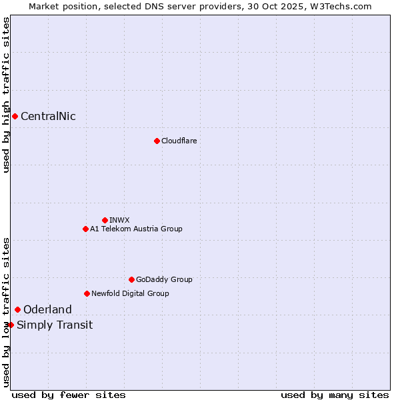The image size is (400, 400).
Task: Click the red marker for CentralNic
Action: coord(15,117)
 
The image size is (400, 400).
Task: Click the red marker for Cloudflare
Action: coord(157,141)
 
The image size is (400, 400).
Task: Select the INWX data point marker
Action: coord(105,220)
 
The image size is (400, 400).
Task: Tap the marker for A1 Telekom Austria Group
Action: coord(85,229)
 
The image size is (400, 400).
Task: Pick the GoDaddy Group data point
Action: coord(131,279)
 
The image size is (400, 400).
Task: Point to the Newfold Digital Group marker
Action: coord(87,293)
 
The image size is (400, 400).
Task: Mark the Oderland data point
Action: coord(17,309)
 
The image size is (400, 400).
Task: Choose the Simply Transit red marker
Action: coord(11,325)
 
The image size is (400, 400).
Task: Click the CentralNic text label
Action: coord(48,117)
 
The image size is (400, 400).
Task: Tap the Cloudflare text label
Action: coord(179,141)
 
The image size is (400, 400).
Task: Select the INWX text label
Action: coord(119,220)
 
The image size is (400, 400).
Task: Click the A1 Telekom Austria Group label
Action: coord(136,229)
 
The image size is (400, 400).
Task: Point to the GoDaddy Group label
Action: coord(164,279)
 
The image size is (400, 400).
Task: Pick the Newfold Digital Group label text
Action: coord(130,293)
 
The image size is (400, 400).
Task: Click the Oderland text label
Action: coord(47,309)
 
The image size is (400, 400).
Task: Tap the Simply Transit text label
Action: coord(55,325)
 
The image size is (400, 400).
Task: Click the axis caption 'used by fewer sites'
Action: coord(69,395)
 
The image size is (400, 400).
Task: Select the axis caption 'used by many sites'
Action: coord(335,395)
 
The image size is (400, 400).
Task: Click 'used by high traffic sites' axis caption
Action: coord(6,95)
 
